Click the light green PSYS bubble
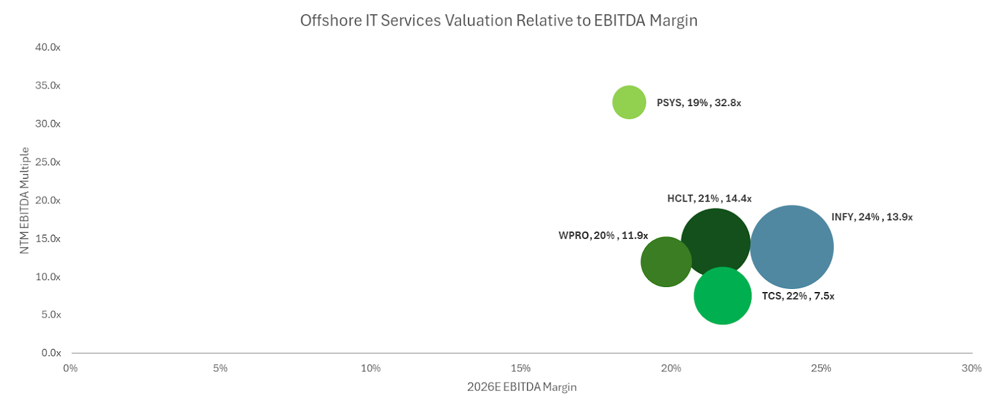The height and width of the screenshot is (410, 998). (x=629, y=102)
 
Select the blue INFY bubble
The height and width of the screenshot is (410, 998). (x=792, y=247)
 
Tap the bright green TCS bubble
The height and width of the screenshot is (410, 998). (x=722, y=296)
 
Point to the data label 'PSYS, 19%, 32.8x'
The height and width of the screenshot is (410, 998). (x=699, y=103)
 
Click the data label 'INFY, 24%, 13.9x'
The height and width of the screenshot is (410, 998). (x=871, y=217)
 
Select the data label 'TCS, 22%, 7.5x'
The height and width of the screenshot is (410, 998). (x=798, y=296)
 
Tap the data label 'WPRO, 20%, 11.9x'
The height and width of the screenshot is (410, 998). (x=603, y=236)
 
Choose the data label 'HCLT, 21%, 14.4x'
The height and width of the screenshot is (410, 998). (x=709, y=198)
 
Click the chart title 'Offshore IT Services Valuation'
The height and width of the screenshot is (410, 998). (x=498, y=21)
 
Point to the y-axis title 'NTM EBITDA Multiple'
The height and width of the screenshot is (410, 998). (x=24, y=200)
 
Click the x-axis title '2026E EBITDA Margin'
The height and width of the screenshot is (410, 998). (x=521, y=387)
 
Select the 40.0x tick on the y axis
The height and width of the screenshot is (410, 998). (x=48, y=47)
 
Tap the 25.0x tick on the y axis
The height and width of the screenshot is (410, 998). (x=48, y=162)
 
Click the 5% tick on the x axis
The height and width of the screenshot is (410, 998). (x=220, y=368)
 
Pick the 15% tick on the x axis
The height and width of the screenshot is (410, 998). (x=520, y=368)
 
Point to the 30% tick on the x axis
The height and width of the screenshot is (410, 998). (x=971, y=368)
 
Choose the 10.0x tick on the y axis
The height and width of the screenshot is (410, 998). (x=48, y=276)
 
